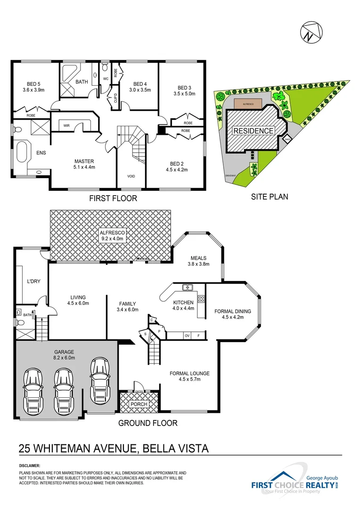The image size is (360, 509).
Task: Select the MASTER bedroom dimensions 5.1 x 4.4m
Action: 85,167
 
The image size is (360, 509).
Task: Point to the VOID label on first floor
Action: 131,176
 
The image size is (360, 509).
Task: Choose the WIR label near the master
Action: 66,125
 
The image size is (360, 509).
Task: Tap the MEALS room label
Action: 199,258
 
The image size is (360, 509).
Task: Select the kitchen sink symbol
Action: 188,287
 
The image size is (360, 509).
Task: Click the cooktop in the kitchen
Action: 201,298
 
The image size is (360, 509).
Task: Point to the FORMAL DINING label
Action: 233,311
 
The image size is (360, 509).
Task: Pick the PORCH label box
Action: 139,404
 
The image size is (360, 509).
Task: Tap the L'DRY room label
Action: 33,281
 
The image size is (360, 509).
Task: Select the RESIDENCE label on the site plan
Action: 254,131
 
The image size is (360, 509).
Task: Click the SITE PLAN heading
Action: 269,197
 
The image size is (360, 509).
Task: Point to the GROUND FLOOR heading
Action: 147,423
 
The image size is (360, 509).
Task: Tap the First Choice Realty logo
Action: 294,482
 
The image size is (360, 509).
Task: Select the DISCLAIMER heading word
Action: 30,466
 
